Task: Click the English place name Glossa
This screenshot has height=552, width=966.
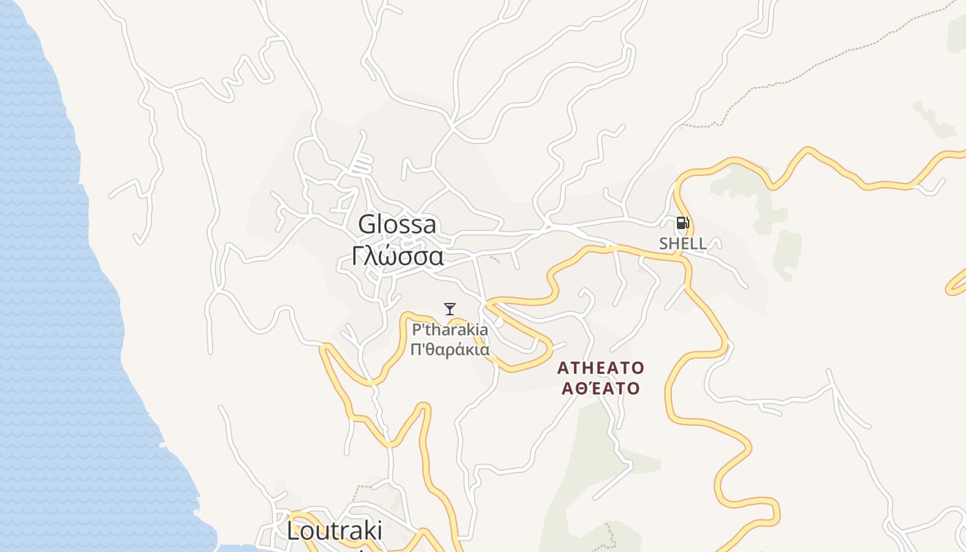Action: click(x=397, y=225)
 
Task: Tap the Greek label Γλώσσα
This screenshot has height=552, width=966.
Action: click(x=397, y=256)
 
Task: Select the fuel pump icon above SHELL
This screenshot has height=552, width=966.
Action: click(x=682, y=223)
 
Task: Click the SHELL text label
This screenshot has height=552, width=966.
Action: click(x=682, y=244)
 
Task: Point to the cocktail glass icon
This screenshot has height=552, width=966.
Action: click(x=450, y=309)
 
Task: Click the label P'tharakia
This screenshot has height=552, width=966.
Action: click(x=450, y=330)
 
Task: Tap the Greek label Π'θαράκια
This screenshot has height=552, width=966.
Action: click(x=450, y=349)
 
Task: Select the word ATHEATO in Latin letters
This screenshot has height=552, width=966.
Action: click(x=600, y=367)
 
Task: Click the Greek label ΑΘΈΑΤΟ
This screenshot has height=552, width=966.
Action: click(x=600, y=388)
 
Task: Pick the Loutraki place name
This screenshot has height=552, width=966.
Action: click(x=335, y=531)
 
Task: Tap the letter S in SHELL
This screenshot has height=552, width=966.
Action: click(x=664, y=244)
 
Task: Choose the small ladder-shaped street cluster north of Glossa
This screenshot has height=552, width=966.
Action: click(x=362, y=164)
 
